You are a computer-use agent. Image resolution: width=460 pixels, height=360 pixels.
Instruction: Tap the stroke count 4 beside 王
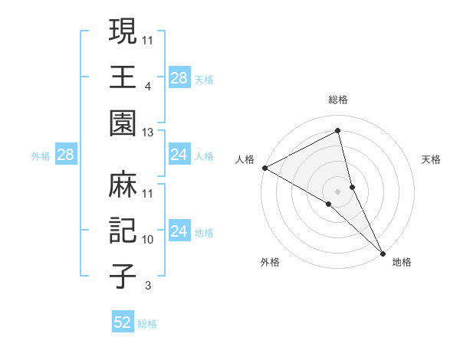147,87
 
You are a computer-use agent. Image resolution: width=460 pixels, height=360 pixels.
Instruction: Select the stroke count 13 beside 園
149,133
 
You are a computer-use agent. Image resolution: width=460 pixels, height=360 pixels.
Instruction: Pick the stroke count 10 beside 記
149,240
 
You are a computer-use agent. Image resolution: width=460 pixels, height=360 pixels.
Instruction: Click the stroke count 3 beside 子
147,286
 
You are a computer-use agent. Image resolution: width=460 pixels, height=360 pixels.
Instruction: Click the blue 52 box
123,322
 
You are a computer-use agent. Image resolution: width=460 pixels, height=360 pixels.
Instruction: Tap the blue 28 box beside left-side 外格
65,155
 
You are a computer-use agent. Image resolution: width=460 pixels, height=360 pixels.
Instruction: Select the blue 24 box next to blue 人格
179,155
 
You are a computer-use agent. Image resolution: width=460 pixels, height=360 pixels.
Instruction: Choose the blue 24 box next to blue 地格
179,231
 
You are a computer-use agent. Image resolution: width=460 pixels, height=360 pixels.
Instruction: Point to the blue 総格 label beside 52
147,324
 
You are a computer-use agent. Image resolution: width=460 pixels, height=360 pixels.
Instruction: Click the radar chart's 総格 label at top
338,100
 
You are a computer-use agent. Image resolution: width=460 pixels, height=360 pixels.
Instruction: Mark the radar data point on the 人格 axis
264,168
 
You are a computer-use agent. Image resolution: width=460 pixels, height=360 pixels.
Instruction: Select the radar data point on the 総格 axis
338,131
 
